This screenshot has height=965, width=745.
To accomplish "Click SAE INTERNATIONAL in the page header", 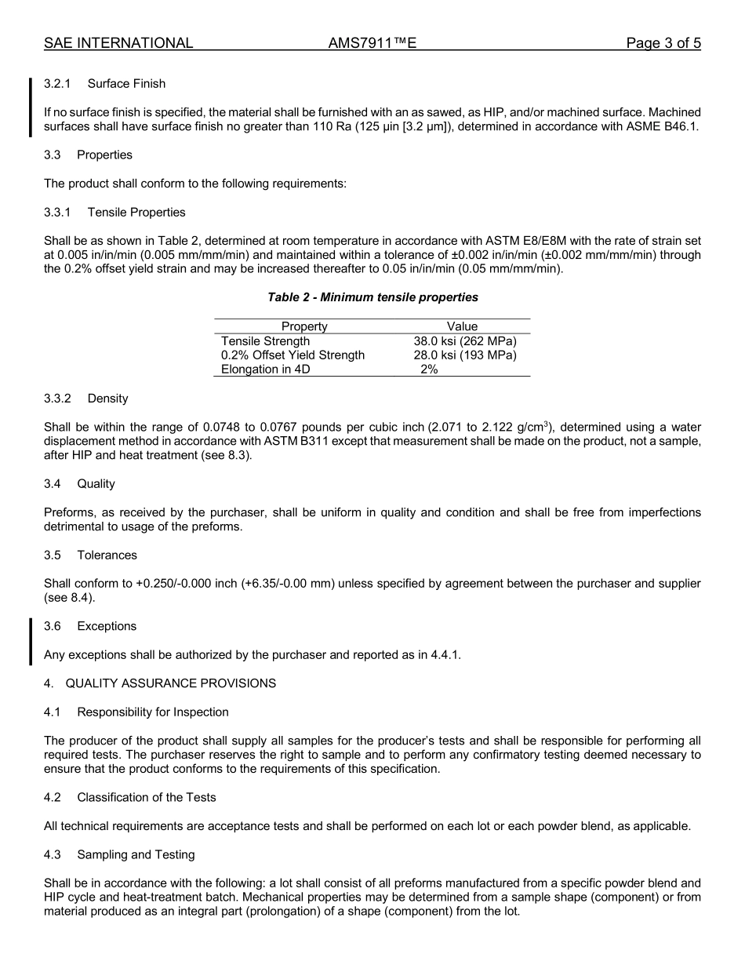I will coord(118,43).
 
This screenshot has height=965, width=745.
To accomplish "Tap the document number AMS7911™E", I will coord(372,43).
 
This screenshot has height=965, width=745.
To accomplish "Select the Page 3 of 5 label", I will coord(663,43).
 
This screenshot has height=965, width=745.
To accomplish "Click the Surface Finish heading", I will coord(126,84).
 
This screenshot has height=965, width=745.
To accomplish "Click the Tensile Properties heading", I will coord(136,213).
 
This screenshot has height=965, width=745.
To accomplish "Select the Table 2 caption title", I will coord(372,297).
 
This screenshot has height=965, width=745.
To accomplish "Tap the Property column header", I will coord(304,326).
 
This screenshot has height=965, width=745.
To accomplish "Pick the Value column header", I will coord(462,326).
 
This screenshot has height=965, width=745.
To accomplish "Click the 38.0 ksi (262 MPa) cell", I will coord(465,341).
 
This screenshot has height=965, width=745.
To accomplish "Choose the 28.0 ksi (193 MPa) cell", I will coord(465,355).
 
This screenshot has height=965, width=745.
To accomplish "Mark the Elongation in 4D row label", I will coord(265,370).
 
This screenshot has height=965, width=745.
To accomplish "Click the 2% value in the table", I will coord(429,370).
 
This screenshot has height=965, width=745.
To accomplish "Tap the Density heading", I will coord(107,399).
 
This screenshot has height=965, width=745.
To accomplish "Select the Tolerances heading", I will coord(107,555).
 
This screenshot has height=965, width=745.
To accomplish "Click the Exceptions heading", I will coord(107,626).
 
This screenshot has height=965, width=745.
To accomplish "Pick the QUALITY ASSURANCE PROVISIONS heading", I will coord(170,683).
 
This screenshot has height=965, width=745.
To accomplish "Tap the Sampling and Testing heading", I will coord(136,854).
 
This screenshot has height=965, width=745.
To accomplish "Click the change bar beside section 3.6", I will coord(31,640).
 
